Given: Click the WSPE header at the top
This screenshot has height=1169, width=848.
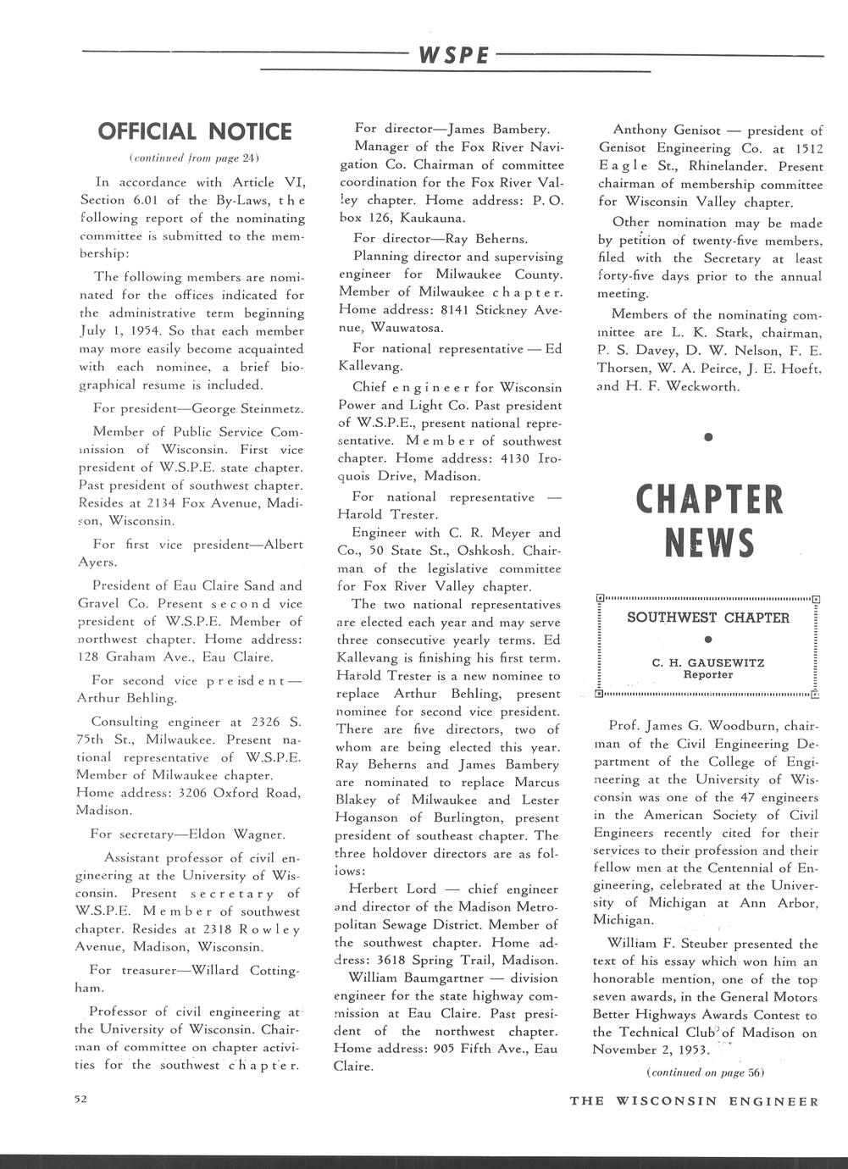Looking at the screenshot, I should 452,56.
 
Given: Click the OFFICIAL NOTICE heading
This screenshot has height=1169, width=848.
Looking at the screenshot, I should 195,132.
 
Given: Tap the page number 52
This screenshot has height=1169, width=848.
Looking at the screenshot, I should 80,1100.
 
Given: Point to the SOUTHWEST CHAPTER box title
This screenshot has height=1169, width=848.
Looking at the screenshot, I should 707,618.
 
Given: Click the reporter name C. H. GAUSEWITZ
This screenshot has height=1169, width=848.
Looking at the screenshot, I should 707,662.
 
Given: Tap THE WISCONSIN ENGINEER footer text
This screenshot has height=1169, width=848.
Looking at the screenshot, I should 694,1101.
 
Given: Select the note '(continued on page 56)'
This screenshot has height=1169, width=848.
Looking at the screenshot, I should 706,1072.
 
